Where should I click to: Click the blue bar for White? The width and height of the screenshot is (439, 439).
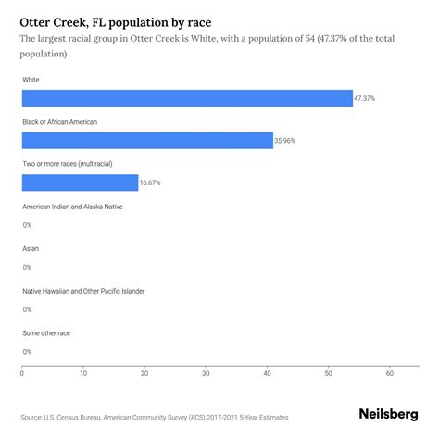point(187,98)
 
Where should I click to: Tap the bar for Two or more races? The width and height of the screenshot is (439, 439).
point(80,182)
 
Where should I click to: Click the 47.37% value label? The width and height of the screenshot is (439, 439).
point(366,98)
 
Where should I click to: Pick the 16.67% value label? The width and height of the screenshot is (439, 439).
point(150,182)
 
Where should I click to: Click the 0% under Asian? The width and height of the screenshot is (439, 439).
point(27,268)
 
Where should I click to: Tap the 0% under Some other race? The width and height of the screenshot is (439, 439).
point(27,352)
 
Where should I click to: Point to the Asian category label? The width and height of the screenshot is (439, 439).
point(31,248)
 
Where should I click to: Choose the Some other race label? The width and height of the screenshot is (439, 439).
point(46,332)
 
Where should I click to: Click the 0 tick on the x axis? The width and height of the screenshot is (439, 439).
point(22,374)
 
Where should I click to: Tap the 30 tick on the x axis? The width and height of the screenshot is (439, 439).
point(206,374)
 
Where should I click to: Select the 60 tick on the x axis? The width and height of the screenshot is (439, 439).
point(390,374)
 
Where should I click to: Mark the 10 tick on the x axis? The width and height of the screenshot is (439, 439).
point(83,374)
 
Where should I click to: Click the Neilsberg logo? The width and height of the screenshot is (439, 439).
point(387,416)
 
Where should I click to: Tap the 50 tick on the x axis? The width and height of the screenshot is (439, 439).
point(329,374)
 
